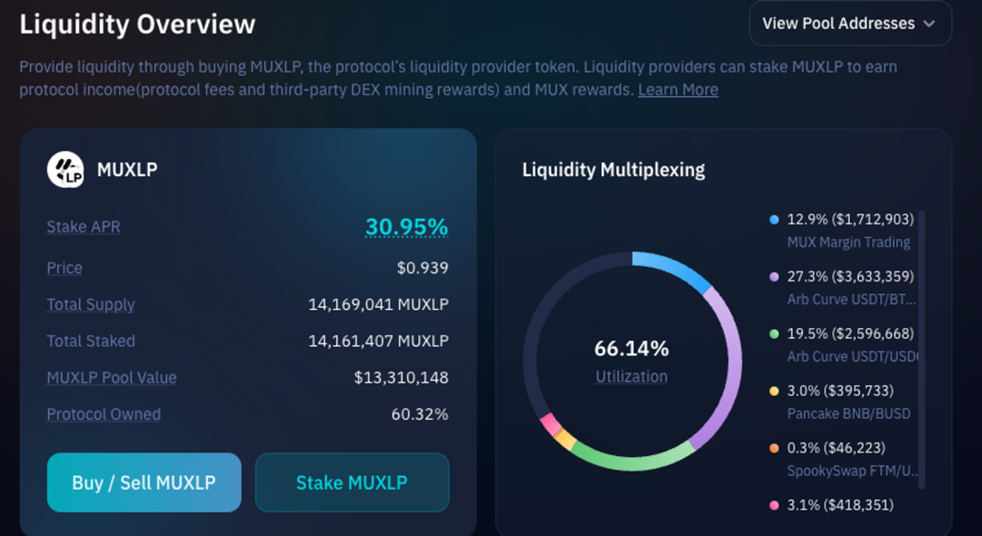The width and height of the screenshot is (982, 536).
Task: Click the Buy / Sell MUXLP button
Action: click(x=144, y=482)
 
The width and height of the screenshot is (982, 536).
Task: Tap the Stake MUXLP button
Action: click(x=352, y=482)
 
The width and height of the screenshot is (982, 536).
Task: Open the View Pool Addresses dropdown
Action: click(x=849, y=24)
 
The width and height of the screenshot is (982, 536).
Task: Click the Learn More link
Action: click(x=677, y=90)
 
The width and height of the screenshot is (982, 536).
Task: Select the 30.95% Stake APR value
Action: click(x=406, y=227)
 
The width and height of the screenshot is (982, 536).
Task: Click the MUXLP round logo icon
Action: click(x=65, y=169)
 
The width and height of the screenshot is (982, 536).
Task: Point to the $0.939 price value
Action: click(x=422, y=268)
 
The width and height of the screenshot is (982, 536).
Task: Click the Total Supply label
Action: click(x=91, y=304)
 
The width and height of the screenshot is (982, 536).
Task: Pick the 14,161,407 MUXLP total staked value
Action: click(x=377, y=342)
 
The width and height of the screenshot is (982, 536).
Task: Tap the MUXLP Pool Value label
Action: click(x=112, y=378)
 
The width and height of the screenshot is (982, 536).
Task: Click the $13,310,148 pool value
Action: click(x=401, y=378)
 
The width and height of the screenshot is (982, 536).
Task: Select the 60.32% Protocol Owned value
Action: click(x=419, y=414)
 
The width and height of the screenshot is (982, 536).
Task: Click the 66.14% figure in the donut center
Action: click(x=631, y=349)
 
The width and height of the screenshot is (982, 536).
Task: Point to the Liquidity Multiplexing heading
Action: click(x=613, y=170)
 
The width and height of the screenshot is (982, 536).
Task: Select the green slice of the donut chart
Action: click(x=627, y=459)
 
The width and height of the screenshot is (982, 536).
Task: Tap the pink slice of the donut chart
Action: click(x=549, y=424)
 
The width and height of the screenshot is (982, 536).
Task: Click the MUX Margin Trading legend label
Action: click(x=847, y=243)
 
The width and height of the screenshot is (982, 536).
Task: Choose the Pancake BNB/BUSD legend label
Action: click(x=847, y=413)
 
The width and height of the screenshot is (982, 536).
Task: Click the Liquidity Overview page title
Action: click(x=137, y=25)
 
